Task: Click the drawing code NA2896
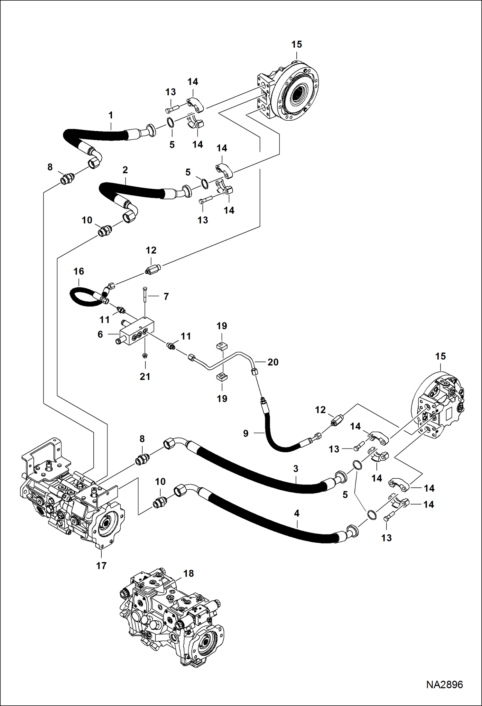click(x=444, y=684)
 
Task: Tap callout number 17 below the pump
click(x=101, y=565)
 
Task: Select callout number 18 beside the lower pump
click(x=189, y=573)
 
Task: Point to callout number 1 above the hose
click(x=110, y=115)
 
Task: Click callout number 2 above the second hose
click(x=125, y=170)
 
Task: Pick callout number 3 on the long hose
click(x=296, y=468)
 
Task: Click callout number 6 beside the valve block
click(x=100, y=334)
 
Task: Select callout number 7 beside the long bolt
click(x=166, y=296)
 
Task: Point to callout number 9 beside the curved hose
click(x=246, y=433)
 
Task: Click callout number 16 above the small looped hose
click(x=79, y=271)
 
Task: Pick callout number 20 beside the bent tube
click(x=273, y=362)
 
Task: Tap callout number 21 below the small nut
click(x=145, y=376)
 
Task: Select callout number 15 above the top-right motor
click(x=297, y=44)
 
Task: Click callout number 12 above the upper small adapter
click(x=151, y=250)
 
